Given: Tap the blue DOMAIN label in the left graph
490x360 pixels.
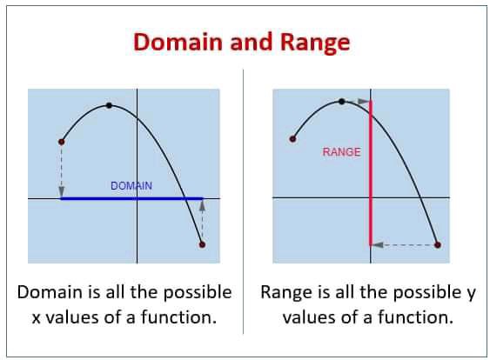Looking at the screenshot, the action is tap(131, 186).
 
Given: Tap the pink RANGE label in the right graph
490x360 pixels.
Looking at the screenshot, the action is tap(341, 152).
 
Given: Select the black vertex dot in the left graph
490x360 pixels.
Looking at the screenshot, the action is tap(109, 105).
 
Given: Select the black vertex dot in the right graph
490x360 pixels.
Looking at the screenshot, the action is tap(342, 102).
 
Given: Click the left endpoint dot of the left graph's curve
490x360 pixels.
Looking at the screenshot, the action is tap(62, 142).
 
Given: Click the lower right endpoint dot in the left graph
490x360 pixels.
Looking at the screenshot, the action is tap(202, 244).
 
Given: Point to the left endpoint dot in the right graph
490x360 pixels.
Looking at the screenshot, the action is tap(292, 139).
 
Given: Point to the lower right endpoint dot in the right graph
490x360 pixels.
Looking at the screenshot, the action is tap(438, 245).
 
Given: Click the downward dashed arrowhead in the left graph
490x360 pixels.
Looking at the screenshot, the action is tap(62, 191).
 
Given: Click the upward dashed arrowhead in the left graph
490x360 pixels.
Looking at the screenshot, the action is tap(203, 205).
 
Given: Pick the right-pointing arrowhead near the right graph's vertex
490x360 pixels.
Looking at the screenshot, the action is tap(364, 102).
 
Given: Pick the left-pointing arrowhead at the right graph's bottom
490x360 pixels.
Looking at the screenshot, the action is tap(378, 245).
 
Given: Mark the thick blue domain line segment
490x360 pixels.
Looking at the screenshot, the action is tap(132, 198).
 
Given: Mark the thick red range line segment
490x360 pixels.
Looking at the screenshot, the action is tap(371, 173).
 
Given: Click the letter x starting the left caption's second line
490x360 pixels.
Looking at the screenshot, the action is tap(37, 318).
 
